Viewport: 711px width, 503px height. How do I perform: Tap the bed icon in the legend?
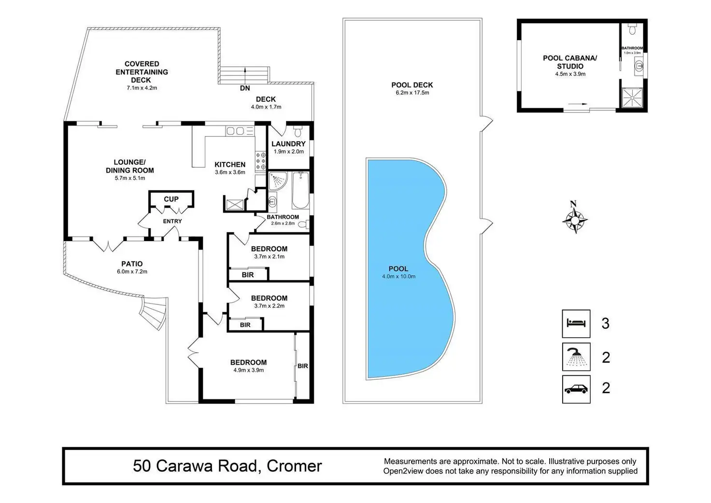[x=576, y=323]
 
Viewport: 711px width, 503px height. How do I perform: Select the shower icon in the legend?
[x=576, y=357]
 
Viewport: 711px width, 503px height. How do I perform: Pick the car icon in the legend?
[x=576, y=389]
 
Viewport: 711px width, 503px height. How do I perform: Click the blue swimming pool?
[x=406, y=271]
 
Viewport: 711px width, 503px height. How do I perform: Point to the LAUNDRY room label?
[x=288, y=144]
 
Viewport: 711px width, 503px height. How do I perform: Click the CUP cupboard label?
[x=171, y=199]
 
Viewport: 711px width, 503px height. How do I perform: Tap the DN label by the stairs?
[x=245, y=88]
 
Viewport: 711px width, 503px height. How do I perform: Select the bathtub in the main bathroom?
[x=301, y=190]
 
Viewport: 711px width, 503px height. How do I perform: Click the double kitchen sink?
[x=235, y=130]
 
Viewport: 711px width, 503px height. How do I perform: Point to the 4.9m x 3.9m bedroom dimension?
[x=248, y=370]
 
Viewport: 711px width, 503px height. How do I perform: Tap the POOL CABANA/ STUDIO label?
[x=570, y=62]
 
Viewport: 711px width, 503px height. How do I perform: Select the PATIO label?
[x=132, y=264]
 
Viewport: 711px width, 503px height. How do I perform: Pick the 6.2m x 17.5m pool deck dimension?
[x=412, y=93]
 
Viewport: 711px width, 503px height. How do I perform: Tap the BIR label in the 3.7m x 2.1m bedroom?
[x=248, y=275]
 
